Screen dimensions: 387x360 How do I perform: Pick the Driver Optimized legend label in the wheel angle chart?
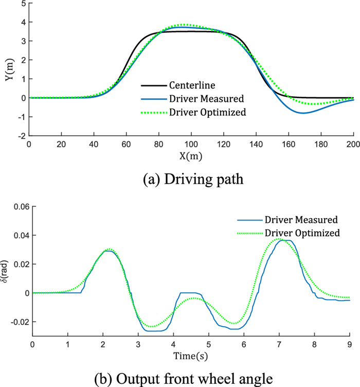coord(302,233)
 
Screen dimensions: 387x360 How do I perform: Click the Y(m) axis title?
coord(7,70)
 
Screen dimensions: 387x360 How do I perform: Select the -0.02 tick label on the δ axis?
coord(18,322)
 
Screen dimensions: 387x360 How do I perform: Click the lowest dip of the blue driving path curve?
coord(303,113)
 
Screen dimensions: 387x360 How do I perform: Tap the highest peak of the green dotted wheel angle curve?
coord(279,239)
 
